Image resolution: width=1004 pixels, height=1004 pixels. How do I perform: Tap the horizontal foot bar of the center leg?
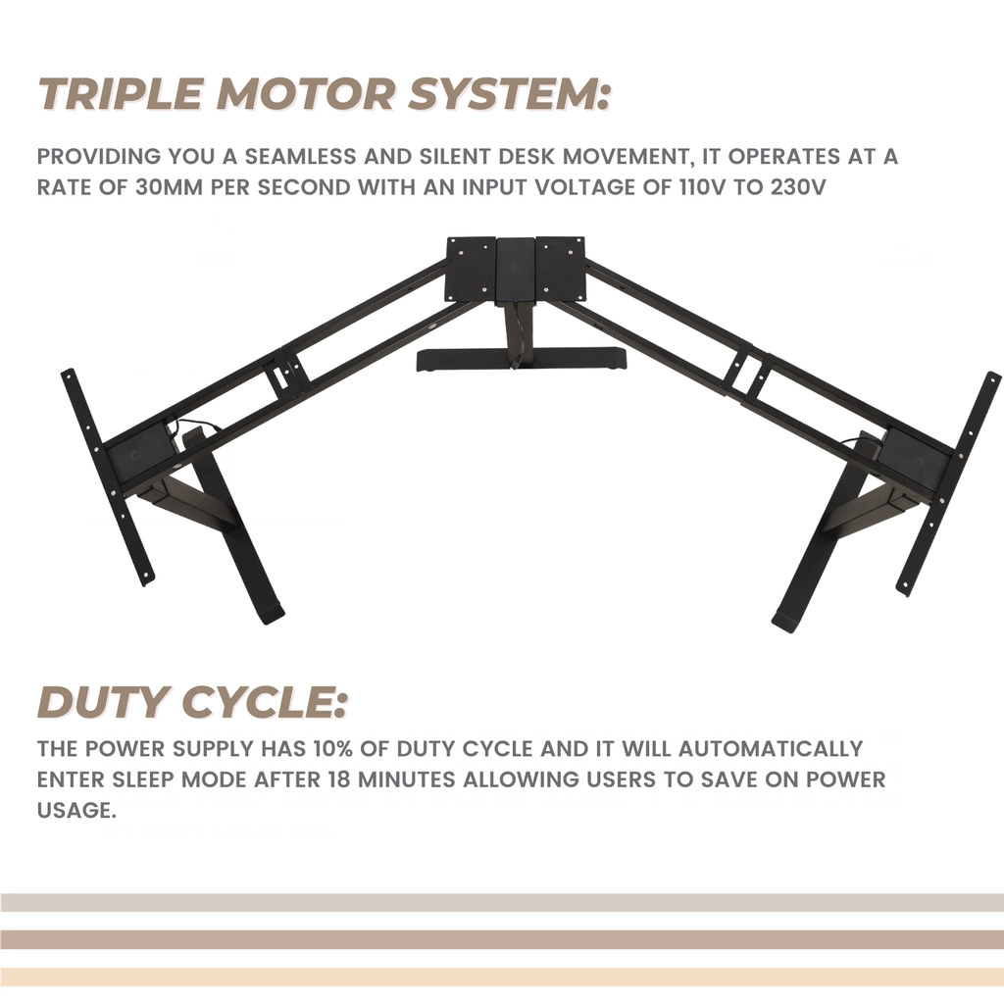click(x=520, y=359)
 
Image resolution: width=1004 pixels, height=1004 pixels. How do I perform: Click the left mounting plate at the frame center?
click(x=470, y=269)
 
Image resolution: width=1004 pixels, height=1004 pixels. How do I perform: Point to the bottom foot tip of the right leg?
click(x=786, y=621)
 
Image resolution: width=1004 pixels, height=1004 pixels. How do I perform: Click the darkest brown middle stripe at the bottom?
click(x=502, y=939)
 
